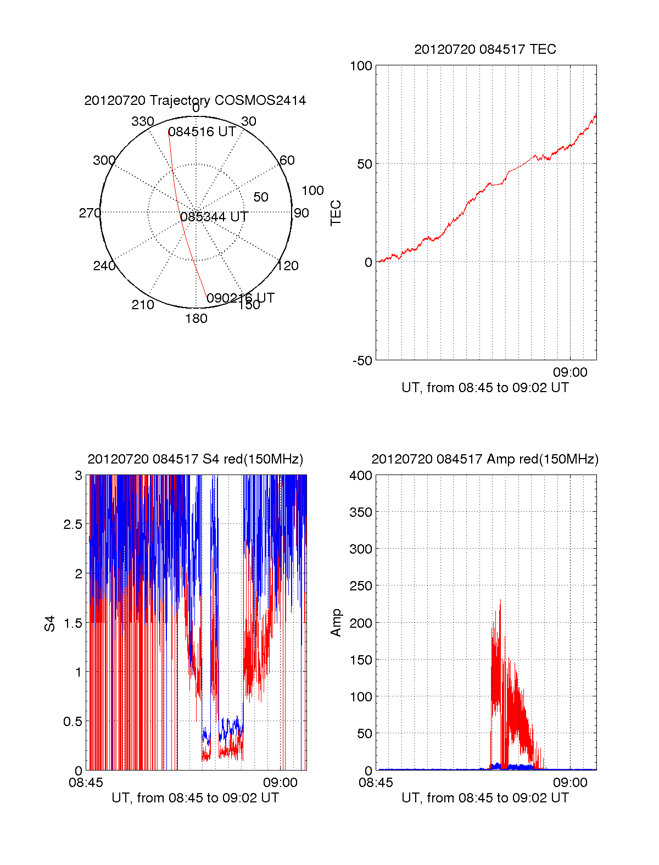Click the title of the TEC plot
click(x=485, y=49)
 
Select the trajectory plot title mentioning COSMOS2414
click(x=195, y=101)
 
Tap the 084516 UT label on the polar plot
click(x=202, y=132)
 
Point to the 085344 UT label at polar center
click(x=214, y=217)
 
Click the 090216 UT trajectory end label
click(x=240, y=298)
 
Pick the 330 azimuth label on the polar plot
click(x=142, y=121)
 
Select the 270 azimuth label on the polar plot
click(x=90, y=213)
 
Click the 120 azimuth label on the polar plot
click(x=288, y=266)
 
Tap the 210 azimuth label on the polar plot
click(x=142, y=305)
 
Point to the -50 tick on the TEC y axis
click(x=362, y=361)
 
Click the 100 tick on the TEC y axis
click(x=361, y=66)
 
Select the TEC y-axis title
click(x=336, y=213)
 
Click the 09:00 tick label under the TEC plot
click(x=570, y=372)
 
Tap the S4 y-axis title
click(x=50, y=623)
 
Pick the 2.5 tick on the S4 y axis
click(x=73, y=524)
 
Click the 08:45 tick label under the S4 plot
click(x=86, y=783)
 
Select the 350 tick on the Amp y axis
click(x=361, y=512)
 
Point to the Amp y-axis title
click(x=336, y=622)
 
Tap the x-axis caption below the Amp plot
click(x=485, y=798)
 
